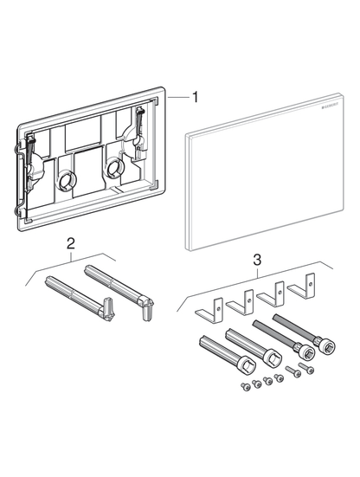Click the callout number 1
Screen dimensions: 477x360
195,99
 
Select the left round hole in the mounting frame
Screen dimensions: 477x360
67,183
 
